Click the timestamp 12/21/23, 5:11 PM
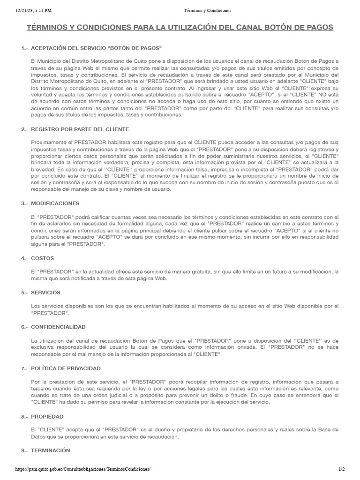click(x=33, y=10)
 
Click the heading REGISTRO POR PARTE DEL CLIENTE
click(x=80, y=129)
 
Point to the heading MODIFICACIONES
click(x=55, y=203)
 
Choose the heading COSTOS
click(x=42, y=258)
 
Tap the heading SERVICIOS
click(x=45, y=292)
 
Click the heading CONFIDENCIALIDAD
click(x=58, y=327)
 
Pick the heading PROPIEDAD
click(x=47, y=416)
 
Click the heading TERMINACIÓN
click(x=51, y=450)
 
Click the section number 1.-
click(x=24, y=49)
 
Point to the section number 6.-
click(x=24, y=327)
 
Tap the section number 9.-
click(x=24, y=450)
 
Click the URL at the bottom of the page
click(x=83, y=469)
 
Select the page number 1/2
click(x=341, y=469)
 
